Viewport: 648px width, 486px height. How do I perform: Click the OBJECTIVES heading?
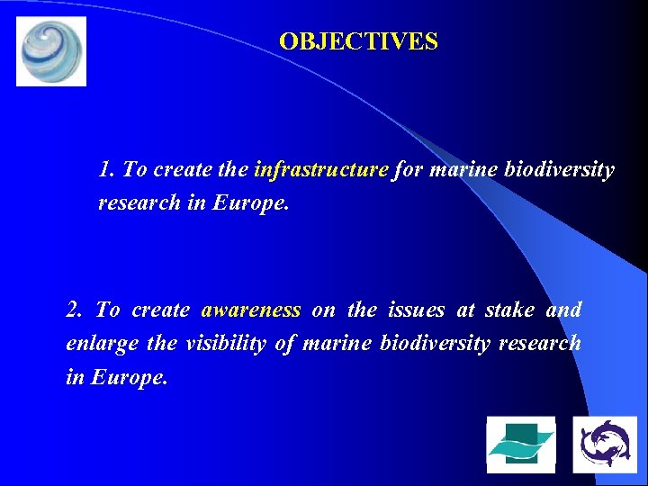[x=358, y=41]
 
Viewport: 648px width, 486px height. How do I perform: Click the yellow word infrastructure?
[x=321, y=169]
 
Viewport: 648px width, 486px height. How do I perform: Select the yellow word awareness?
[x=250, y=310]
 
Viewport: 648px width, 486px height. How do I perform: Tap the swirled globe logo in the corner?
[x=51, y=51]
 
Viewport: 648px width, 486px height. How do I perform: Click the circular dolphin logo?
[x=604, y=445]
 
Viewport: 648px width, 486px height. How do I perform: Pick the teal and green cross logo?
[x=520, y=445]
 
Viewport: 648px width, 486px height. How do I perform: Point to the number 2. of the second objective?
[x=75, y=310]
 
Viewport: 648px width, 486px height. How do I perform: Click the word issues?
[x=416, y=310]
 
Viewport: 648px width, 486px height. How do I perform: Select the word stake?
[x=508, y=310]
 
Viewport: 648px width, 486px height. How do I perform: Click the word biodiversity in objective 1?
[x=560, y=169]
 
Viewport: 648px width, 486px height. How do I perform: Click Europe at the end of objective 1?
[x=251, y=202]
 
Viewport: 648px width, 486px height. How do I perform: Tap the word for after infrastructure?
[x=408, y=169]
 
